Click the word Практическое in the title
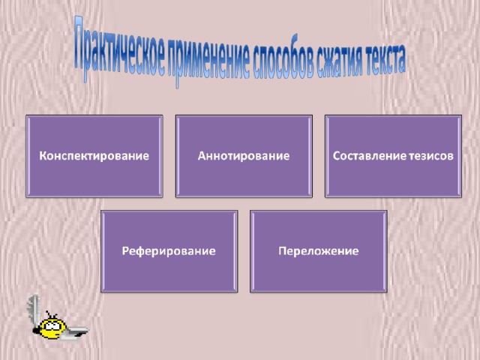(120, 49)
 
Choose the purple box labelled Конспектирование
(94, 156)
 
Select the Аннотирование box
(244, 156)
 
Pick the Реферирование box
(169, 251)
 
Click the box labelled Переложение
(319, 251)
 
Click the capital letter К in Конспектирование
(43, 156)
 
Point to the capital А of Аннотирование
(202, 156)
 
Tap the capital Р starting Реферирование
(125, 250)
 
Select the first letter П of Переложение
(283, 250)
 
